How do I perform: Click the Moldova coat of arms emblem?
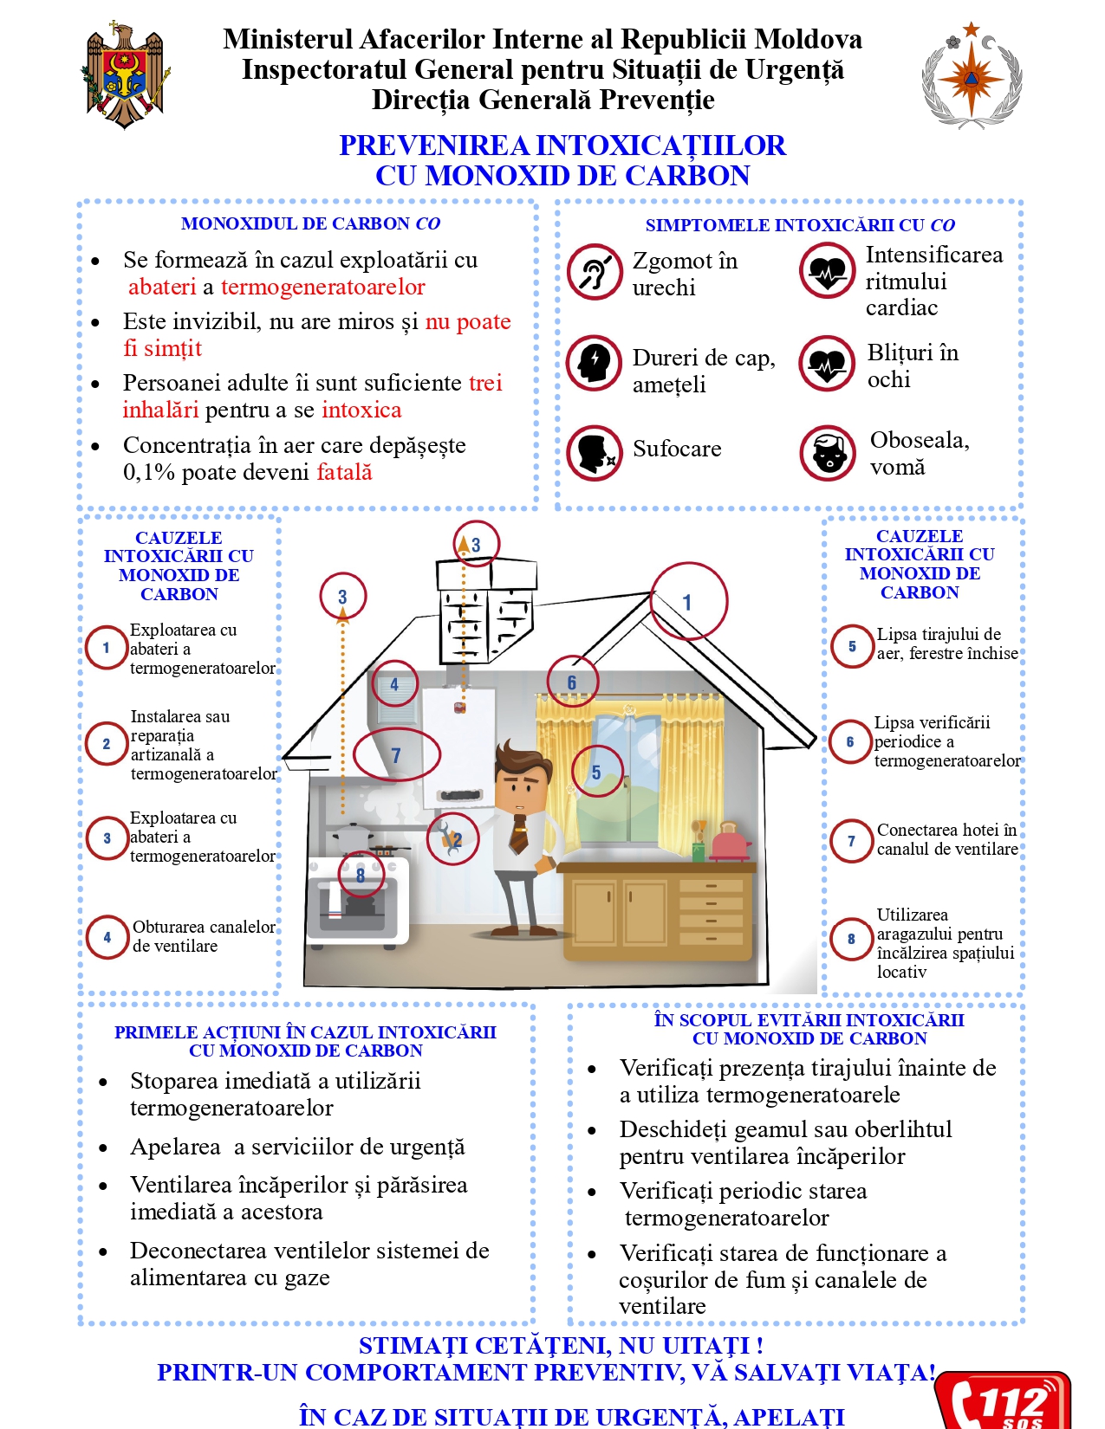(x=125, y=74)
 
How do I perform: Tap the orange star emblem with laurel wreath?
(x=972, y=75)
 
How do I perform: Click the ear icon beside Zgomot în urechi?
(x=595, y=272)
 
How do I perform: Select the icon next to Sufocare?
(x=595, y=452)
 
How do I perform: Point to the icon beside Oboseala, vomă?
(x=828, y=453)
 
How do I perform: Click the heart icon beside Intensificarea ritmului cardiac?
(x=828, y=269)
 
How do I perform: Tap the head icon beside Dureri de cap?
(x=595, y=363)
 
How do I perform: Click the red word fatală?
(x=344, y=472)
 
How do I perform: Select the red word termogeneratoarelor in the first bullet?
(x=322, y=288)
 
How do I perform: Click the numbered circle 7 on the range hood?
(x=396, y=755)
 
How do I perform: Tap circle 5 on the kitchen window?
(x=596, y=772)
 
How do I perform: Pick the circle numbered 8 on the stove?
(x=360, y=875)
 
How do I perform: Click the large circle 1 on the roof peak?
(x=688, y=601)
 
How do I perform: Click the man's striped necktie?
(x=518, y=833)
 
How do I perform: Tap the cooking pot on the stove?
(x=353, y=838)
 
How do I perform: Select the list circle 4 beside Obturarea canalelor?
(x=107, y=937)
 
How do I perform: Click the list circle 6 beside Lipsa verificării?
(x=850, y=742)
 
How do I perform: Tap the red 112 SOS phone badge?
(x=1004, y=1400)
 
